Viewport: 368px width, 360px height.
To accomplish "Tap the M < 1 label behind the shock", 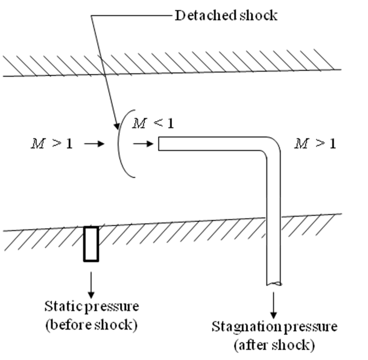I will point(154,124).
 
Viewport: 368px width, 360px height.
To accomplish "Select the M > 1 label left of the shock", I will point(52,144).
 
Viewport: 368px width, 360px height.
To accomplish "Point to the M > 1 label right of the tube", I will point(315,144).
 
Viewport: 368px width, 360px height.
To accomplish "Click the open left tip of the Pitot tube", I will point(159,144).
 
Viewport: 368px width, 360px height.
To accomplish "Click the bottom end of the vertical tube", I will point(274,283).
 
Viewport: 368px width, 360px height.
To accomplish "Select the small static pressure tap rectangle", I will point(91,244).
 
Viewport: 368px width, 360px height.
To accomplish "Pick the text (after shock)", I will point(274,345).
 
